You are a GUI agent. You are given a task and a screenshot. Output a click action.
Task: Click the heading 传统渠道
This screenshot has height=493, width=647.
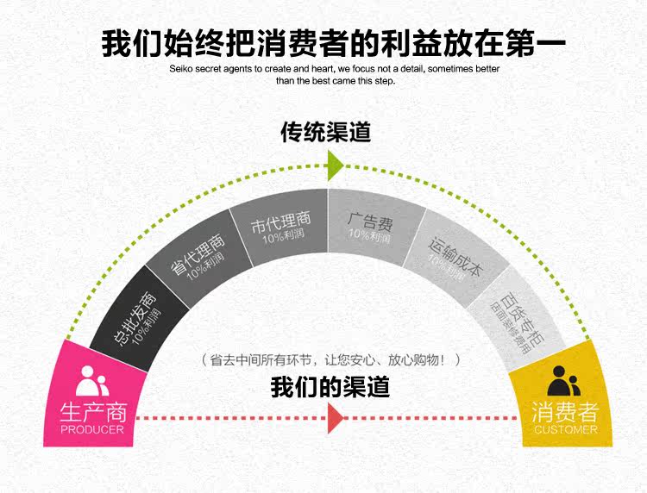click(325, 132)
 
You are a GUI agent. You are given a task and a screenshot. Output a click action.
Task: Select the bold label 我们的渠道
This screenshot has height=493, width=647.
click(330, 386)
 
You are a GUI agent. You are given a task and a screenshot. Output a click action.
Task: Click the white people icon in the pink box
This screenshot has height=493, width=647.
click(92, 379)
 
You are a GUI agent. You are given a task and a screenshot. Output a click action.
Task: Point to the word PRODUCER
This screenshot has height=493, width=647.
click(92, 428)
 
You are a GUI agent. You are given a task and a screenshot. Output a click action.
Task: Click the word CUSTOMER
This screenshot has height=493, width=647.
click(565, 429)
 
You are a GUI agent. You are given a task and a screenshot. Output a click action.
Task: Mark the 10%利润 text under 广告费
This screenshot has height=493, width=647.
click(370, 234)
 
